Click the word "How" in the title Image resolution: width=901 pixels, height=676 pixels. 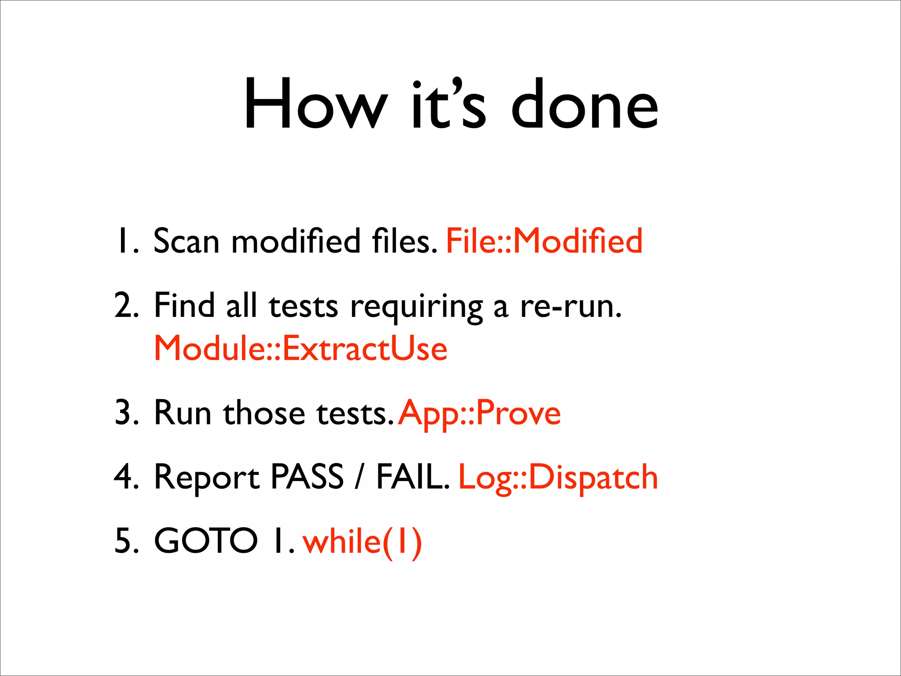point(315,104)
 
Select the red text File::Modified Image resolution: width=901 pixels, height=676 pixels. point(544,241)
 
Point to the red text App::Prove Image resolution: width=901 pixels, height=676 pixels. point(480,413)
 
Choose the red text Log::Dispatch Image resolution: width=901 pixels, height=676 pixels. point(558,478)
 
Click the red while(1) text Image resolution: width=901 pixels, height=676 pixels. point(363,541)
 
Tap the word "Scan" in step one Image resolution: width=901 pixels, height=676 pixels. point(186,241)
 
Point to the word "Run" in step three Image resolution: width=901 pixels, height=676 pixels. point(183,413)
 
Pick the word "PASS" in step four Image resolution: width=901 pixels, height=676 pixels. point(307,477)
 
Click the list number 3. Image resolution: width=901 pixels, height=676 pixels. point(125,413)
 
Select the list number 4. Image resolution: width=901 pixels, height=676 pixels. point(125,477)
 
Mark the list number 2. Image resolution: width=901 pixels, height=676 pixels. point(125,306)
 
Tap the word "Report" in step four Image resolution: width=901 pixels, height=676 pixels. point(207,478)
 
